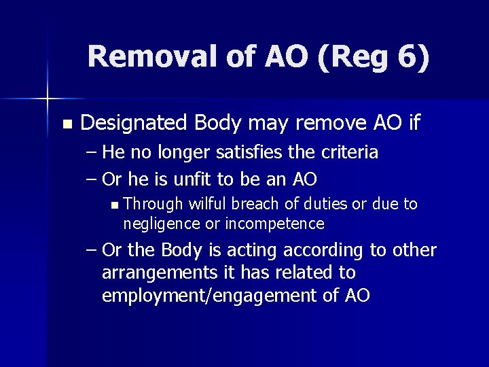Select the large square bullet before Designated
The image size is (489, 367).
pyautogui.click(x=66, y=124)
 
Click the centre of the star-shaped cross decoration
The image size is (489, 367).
pyautogui.click(x=48, y=98)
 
